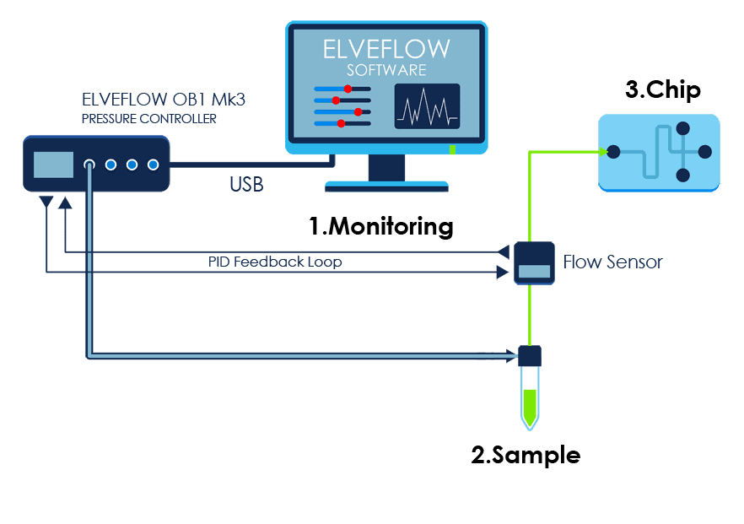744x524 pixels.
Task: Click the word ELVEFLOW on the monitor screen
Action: click(x=386, y=48)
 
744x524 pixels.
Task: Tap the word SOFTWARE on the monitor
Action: click(x=386, y=69)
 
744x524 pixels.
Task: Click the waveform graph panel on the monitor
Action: click(x=427, y=106)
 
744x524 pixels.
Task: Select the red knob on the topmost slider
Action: click(x=347, y=89)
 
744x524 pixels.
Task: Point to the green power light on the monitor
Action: click(x=453, y=150)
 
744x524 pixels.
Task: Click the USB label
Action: click(x=246, y=184)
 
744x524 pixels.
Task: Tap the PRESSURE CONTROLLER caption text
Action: click(x=148, y=119)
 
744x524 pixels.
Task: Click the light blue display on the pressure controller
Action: click(x=53, y=165)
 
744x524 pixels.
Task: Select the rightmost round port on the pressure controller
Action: click(x=153, y=165)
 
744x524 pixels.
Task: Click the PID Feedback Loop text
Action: click(x=275, y=262)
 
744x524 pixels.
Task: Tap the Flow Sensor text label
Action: click(x=612, y=262)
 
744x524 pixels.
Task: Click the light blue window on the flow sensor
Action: click(x=533, y=272)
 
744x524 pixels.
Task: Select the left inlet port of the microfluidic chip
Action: click(x=613, y=152)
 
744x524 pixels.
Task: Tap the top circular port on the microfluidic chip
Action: click(x=682, y=129)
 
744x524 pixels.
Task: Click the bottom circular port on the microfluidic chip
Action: click(x=682, y=176)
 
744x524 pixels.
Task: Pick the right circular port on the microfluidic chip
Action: click(x=705, y=153)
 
